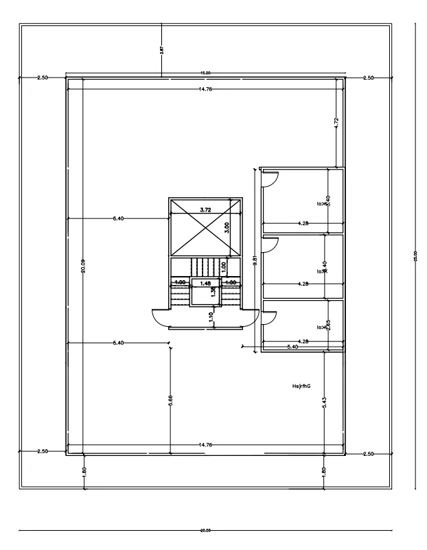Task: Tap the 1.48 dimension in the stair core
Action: tap(205, 282)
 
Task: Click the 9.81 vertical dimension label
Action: tap(255, 260)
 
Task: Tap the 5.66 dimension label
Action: tap(170, 400)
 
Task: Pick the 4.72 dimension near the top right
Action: tap(335, 123)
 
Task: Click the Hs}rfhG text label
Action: tap(301, 387)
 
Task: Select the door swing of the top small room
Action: tap(270, 178)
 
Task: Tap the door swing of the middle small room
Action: tap(270, 244)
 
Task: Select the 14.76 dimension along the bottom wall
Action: tap(205, 446)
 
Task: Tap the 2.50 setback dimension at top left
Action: tap(43, 78)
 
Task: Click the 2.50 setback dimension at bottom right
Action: tap(368, 454)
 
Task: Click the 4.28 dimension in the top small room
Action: tap(302, 223)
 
